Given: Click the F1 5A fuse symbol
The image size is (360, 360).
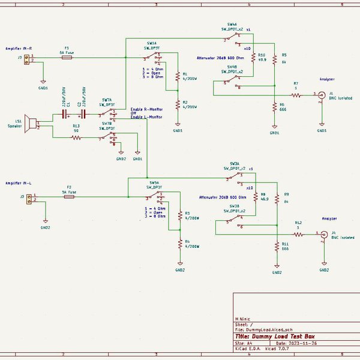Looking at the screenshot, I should pyautogui.click(x=67, y=58).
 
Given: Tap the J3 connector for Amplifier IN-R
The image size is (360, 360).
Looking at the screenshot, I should pyautogui.click(x=28, y=59).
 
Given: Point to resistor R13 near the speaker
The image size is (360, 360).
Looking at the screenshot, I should pyautogui.click(x=76, y=137).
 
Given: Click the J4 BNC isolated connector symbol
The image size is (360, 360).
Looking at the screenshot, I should pyautogui.click(x=325, y=234).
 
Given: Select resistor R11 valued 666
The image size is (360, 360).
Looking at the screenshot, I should pyautogui.click(x=277, y=247).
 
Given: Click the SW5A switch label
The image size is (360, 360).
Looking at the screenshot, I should pyautogui.click(x=154, y=182).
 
